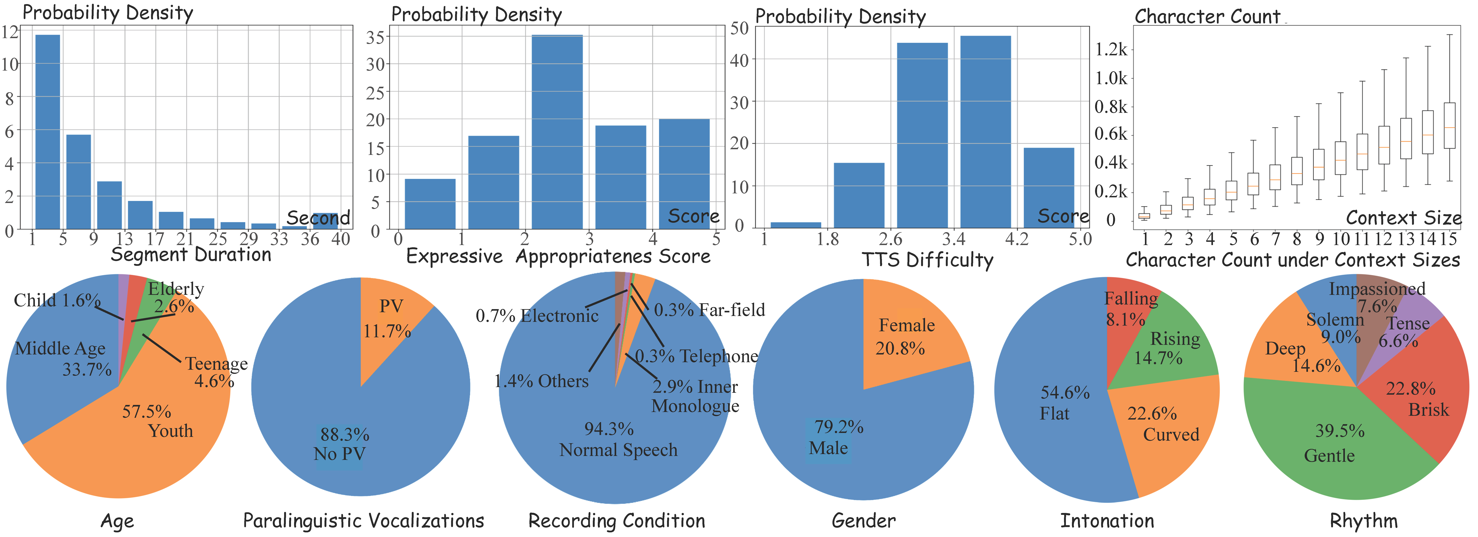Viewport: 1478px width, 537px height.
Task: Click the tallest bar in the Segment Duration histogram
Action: (x=48, y=132)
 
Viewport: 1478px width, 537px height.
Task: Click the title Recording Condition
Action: (x=617, y=521)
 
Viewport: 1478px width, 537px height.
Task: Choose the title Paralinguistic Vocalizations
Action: (x=363, y=521)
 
